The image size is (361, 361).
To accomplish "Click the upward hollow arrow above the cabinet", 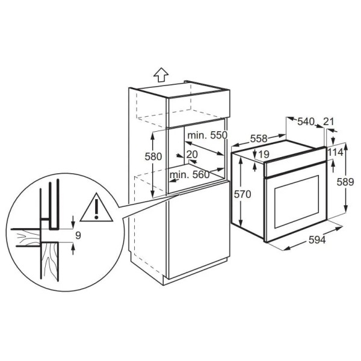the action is [161, 75].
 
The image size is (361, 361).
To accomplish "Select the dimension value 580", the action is [153, 156].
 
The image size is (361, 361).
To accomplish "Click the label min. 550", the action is [207, 135].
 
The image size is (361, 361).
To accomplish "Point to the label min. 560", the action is [190, 174].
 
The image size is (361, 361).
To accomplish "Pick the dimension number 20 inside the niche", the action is [192, 154].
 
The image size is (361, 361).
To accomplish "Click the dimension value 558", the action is [259, 138].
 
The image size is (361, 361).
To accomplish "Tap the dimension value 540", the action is [306, 122].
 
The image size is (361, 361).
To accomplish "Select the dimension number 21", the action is [329, 122].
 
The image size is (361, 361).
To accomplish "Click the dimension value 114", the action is [335, 152].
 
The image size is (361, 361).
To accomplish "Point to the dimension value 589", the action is [345, 182].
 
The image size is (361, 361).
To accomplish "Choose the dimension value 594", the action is [317, 240].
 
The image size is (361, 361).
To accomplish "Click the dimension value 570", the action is [242, 194].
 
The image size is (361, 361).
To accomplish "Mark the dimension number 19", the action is [264, 154].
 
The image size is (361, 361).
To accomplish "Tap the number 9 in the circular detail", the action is [78, 235].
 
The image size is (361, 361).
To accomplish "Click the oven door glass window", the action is [297, 202].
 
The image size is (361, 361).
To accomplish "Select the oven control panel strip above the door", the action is [295, 162].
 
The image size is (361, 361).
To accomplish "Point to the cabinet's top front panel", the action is [199, 109].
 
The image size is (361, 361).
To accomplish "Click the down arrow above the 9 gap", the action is [73, 221].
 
